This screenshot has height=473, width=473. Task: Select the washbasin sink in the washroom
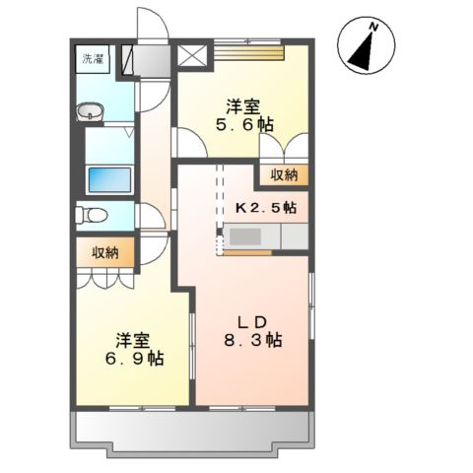[92, 112]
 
